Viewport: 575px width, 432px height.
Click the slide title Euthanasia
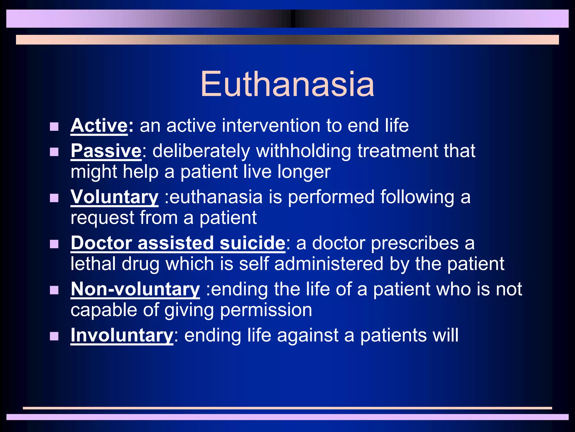click(287, 84)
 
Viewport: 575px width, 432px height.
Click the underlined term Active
click(99, 125)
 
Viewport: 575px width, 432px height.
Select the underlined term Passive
click(106, 151)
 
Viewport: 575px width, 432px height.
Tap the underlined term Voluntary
click(114, 197)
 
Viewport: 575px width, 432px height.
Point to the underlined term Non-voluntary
click(135, 289)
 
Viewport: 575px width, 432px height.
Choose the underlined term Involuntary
click(122, 335)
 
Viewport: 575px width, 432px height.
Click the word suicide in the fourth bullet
click(252, 243)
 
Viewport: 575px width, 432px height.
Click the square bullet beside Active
click(54, 127)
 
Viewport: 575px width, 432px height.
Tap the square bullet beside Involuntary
click(54, 336)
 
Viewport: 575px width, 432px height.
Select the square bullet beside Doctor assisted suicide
click(54, 244)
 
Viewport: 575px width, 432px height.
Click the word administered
click(329, 264)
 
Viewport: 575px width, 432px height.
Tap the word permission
click(266, 310)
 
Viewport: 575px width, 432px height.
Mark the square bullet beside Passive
click(54, 152)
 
